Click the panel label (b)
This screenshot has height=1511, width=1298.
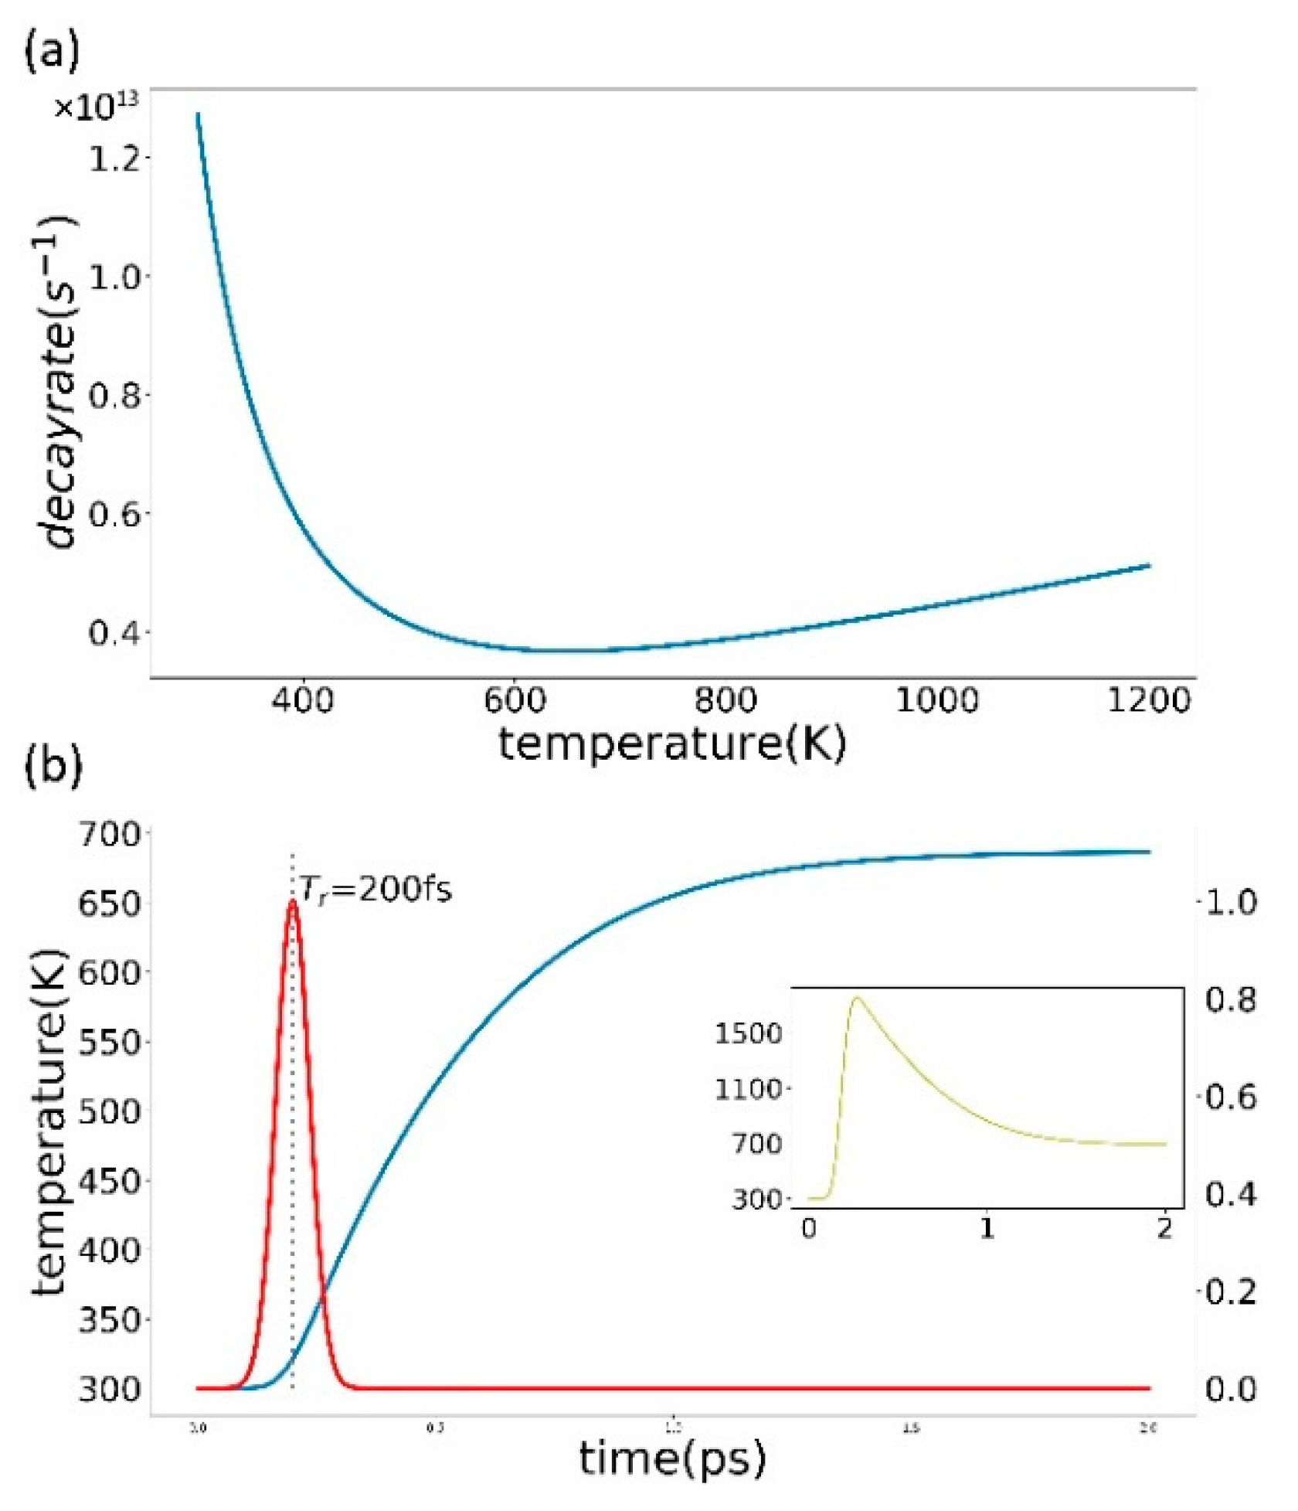53,766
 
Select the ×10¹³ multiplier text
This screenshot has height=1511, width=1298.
96,107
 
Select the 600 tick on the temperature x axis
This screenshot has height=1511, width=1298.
515,700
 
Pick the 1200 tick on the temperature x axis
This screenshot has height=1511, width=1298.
1149,700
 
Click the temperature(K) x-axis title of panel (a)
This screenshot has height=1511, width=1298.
672,744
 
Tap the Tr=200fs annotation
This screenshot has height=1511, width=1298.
375,890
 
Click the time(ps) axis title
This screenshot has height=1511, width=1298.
672,1458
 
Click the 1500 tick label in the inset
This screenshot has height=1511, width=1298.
748,1033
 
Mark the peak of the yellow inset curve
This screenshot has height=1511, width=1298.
855,998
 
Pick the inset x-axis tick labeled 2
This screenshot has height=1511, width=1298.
1164,1228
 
